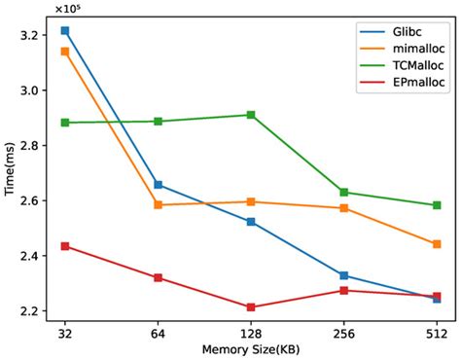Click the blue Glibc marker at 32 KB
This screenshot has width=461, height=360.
(x=65, y=31)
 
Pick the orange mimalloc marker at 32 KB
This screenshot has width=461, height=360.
(x=65, y=51)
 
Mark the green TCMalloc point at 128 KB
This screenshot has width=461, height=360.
(x=251, y=115)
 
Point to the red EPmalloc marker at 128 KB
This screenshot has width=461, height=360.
(x=251, y=307)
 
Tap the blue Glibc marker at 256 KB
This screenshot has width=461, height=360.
(x=343, y=275)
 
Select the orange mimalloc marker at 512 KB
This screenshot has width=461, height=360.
(x=437, y=244)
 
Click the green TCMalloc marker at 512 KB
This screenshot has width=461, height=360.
(x=437, y=205)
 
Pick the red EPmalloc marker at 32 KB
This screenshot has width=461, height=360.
(x=65, y=246)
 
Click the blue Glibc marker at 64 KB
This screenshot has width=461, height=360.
(x=159, y=185)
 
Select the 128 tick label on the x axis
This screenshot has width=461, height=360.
(x=251, y=331)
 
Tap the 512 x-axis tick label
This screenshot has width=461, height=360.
(x=437, y=331)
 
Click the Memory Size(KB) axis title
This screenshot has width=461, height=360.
(x=251, y=348)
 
